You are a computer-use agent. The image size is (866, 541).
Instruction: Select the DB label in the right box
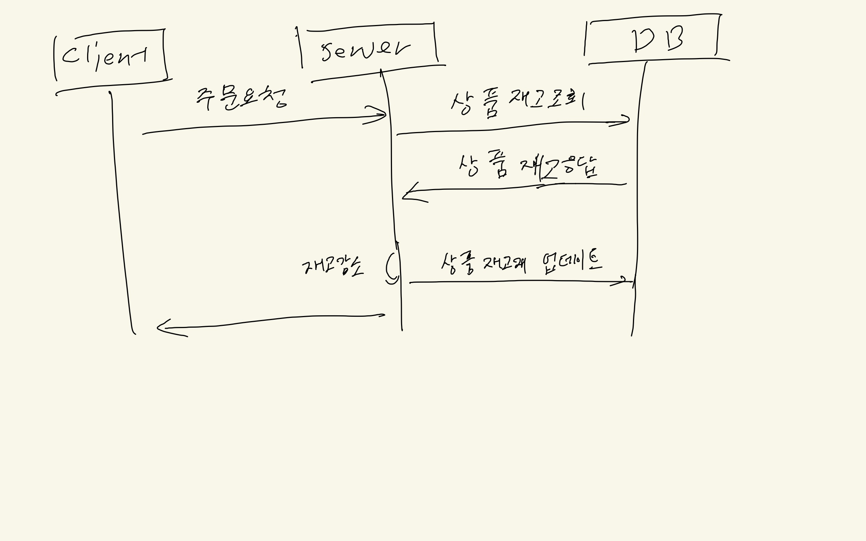[x=657, y=39]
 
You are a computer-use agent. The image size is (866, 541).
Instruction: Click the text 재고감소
[x=332, y=267]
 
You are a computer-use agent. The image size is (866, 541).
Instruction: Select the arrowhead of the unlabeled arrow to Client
[x=159, y=327]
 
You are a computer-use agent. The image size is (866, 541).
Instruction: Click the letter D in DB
[x=643, y=40]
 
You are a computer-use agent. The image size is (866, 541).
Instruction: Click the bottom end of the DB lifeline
[x=632, y=335]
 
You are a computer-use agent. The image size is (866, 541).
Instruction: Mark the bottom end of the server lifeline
[x=402, y=330]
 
